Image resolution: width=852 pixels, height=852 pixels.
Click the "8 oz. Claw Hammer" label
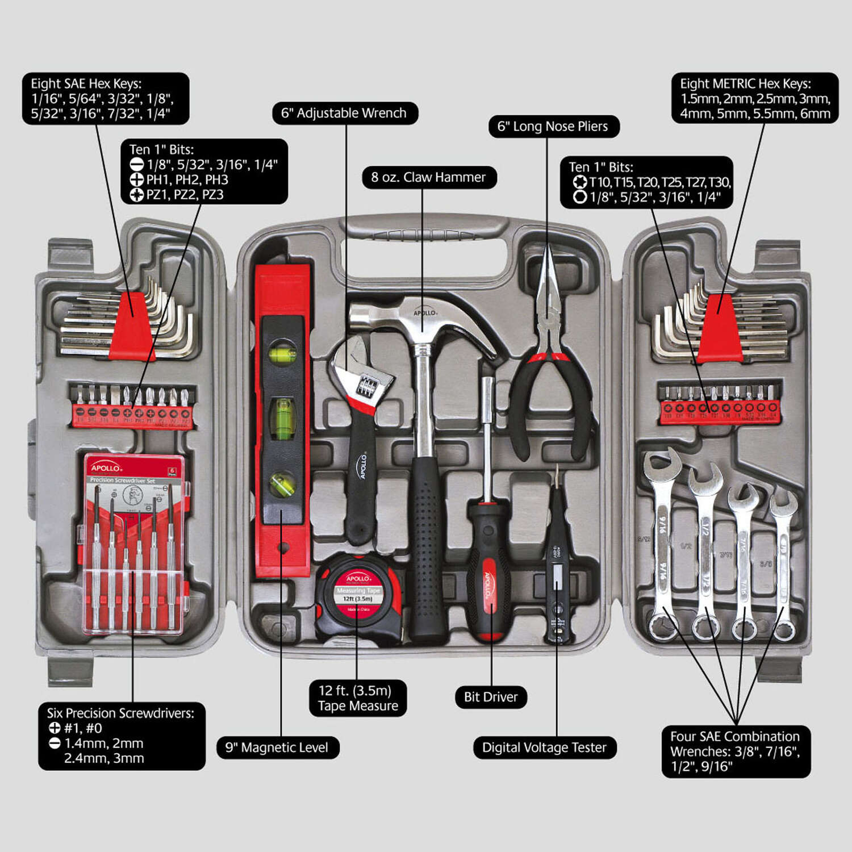[429, 178]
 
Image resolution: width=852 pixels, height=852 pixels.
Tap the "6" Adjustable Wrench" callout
[344, 113]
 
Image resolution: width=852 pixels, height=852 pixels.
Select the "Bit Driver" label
[491, 697]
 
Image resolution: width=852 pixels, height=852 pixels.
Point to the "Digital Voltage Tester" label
[544, 747]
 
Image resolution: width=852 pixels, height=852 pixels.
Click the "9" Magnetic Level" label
[277, 747]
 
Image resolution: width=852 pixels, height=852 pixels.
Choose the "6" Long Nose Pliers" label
[553, 126]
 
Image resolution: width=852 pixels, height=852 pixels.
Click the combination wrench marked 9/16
[663, 545]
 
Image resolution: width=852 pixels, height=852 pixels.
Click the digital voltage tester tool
[557, 562]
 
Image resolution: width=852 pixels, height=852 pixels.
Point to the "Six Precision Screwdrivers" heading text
[120, 713]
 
